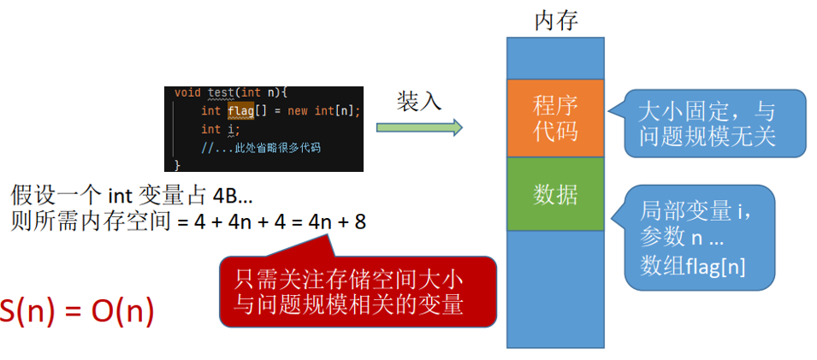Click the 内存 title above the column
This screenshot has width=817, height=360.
555,21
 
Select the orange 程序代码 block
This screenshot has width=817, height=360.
555,118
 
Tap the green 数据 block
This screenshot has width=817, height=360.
555,194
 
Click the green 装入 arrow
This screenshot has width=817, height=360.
419,127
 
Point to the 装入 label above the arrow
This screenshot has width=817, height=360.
418,101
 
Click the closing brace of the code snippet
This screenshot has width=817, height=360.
178,163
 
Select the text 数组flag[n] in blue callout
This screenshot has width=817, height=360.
693,266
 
